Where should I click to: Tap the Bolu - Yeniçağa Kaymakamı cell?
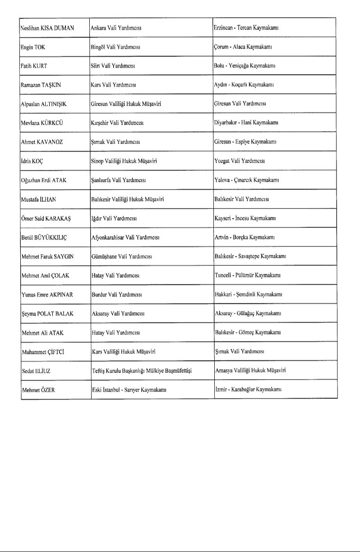pyautogui.click(x=245, y=66)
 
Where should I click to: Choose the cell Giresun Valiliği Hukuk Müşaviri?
pyautogui.click(x=126, y=104)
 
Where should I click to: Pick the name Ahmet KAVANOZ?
pyautogui.click(x=42, y=142)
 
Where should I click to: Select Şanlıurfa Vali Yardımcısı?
pyautogui.click(x=118, y=180)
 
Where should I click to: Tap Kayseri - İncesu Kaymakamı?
pyautogui.click(x=245, y=218)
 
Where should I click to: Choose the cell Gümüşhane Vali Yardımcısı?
pyautogui.click(x=121, y=256)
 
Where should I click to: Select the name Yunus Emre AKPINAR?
pyautogui.click(x=47, y=295)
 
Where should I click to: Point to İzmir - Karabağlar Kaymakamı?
pyautogui.click(x=248, y=390)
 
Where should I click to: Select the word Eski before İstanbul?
pyautogui.click(x=96, y=390)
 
